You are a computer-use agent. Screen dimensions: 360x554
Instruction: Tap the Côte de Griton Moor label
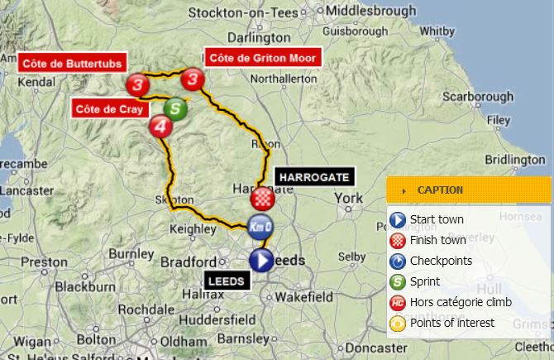(263, 58)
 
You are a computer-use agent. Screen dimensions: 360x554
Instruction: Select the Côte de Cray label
(109, 108)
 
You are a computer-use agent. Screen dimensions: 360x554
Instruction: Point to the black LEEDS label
(225, 281)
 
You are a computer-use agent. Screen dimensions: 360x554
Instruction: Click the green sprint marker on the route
(174, 108)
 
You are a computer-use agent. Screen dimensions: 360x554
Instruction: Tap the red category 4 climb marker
(160, 127)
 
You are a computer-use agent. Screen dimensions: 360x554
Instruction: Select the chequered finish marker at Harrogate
(262, 199)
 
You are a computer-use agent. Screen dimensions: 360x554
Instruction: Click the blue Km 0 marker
(260, 226)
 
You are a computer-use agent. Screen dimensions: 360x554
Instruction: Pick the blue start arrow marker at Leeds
(261, 261)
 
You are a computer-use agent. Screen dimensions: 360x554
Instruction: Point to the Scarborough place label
(477, 97)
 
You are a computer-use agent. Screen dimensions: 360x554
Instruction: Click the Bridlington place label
(514, 160)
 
